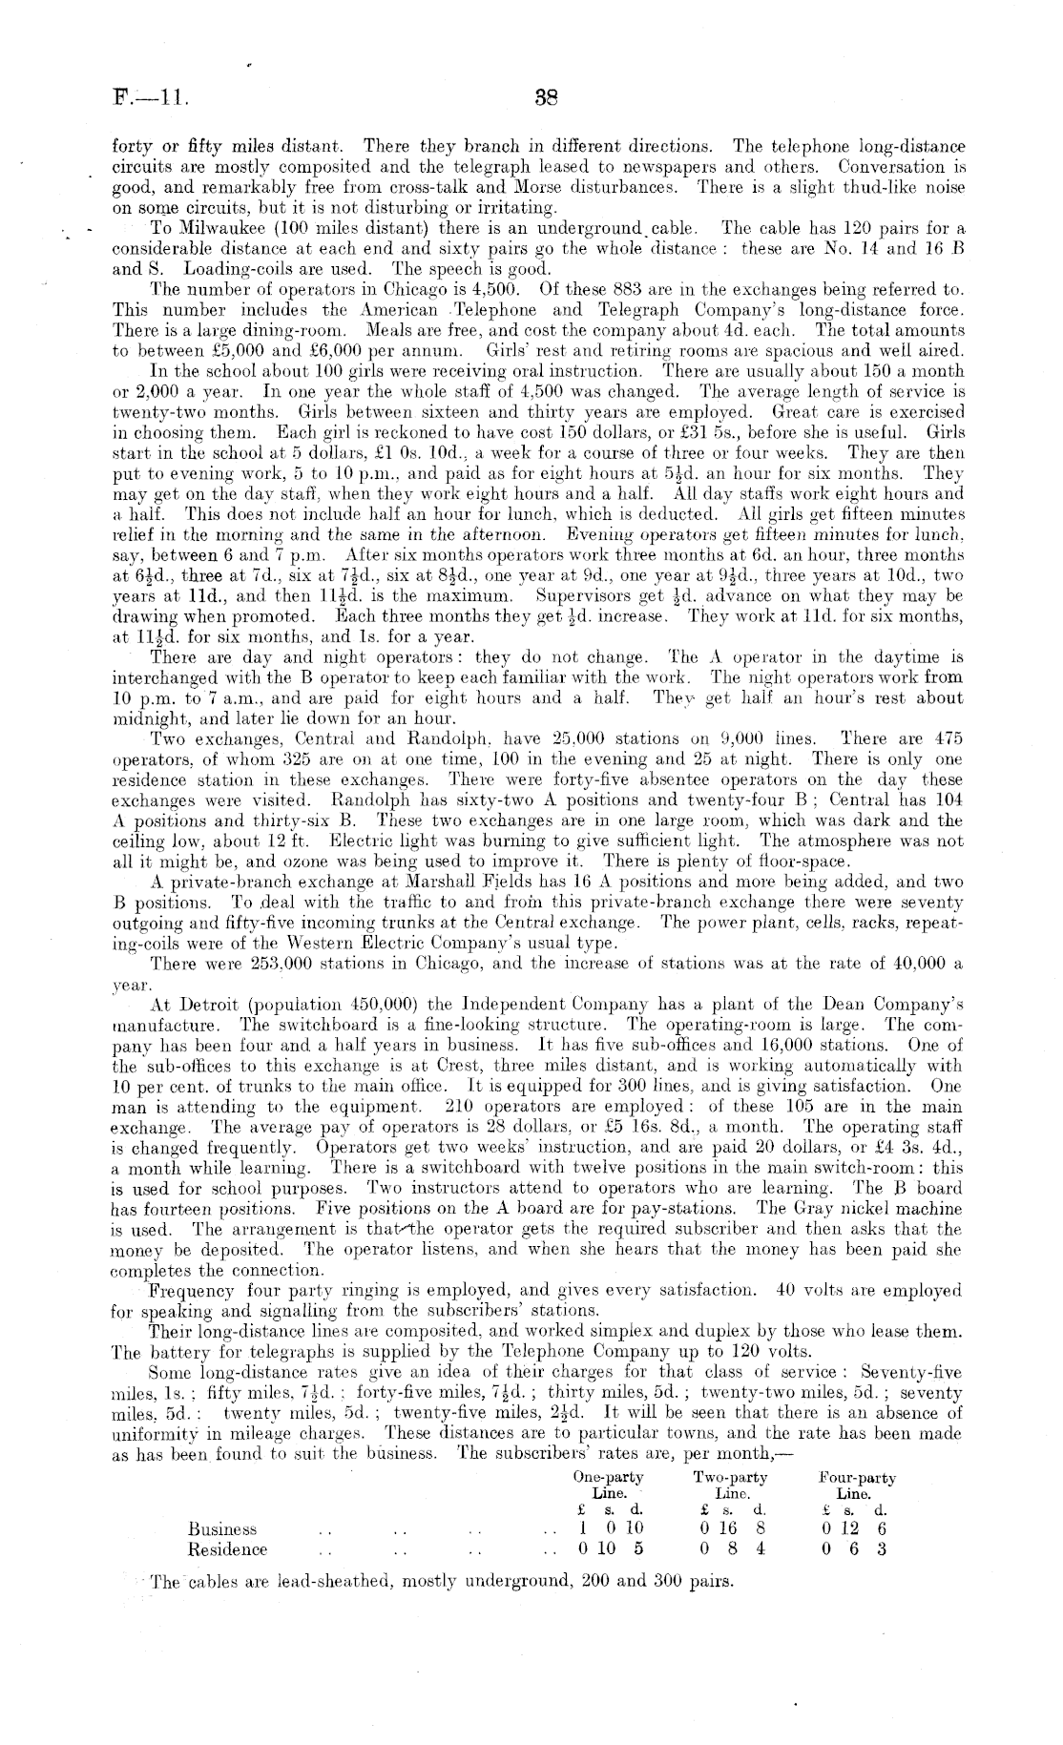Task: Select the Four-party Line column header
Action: (857, 1485)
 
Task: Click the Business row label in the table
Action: (222, 1528)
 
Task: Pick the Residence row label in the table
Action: (227, 1549)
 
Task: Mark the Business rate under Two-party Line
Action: (732, 1528)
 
